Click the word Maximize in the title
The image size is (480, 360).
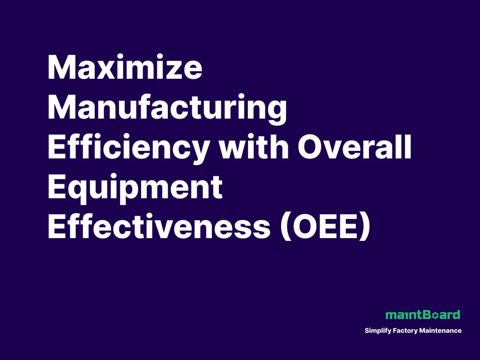[x=125, y=68]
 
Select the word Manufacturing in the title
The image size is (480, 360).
[x=167, y=108]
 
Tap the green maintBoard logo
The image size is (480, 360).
[x=422, y=315]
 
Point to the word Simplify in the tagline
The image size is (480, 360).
[x=377, y=331]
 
